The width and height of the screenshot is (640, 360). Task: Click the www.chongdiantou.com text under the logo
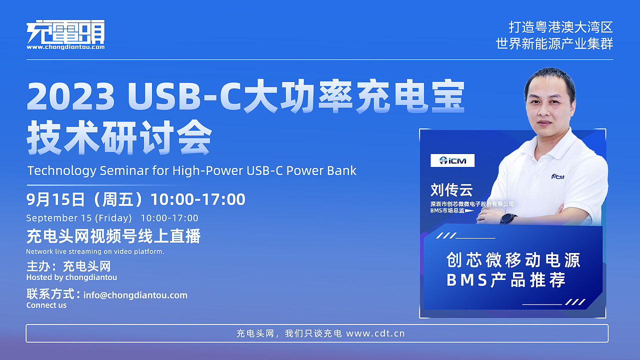coord(65,47)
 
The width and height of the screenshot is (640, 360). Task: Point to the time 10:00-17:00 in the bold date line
coord(198,199)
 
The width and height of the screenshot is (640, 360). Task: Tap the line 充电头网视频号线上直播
coord(113,236)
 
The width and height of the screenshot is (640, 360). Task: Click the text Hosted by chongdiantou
coord(71,277)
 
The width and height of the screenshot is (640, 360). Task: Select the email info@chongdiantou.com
coord(135,295)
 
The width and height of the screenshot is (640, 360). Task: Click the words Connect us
coord(46,305)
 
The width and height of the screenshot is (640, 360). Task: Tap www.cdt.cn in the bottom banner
coord(375,333)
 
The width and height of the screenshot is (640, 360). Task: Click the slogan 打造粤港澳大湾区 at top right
coord(560,27)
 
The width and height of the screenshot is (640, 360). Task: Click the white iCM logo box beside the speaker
coord(452,160)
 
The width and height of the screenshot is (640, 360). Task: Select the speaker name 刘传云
coord(451,189)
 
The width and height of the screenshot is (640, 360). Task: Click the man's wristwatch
coord(508,218)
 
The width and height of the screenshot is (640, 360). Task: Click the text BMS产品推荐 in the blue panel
coord(505,280)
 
